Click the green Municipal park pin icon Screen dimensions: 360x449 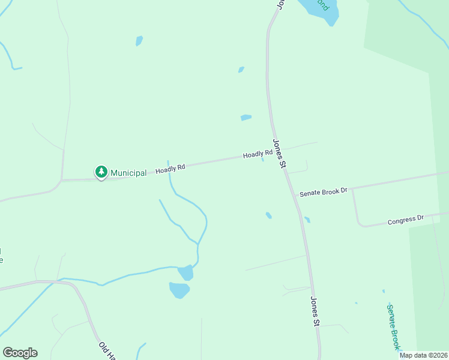pos(101,172)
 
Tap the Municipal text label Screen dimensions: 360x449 pos(128,173)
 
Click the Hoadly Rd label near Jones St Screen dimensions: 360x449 pos(258,155)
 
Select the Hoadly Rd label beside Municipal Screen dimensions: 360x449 pos(170,169)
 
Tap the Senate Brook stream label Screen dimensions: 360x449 pos(393,327)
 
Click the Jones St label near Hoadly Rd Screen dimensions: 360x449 pos(279,154)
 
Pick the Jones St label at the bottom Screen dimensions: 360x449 pos(315,311)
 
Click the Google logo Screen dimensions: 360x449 pos(20,353)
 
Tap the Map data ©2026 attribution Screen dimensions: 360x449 pos(424,355)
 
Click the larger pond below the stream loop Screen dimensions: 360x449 pos(179,290)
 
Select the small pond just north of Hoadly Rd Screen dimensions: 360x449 pos(246,118)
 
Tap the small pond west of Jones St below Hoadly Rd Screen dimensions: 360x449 pos(269,215)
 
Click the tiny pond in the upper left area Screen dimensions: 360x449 pos(139,41)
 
